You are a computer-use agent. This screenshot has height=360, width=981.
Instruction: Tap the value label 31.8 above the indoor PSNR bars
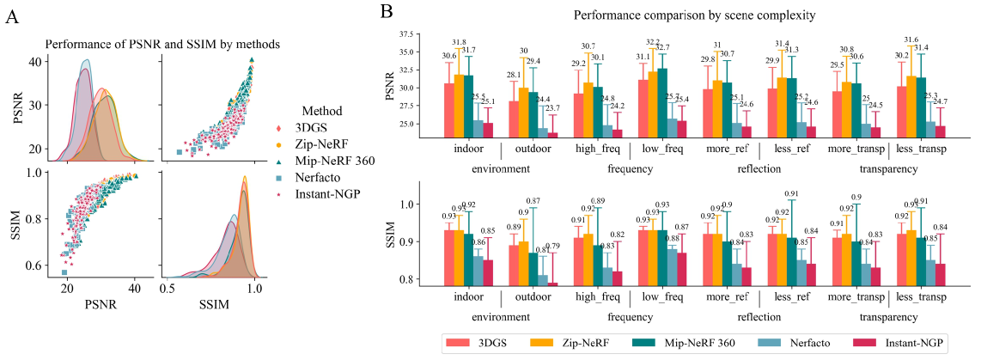pos(460,43)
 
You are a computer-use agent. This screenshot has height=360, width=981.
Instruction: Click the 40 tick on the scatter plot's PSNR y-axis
pos(34,62)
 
